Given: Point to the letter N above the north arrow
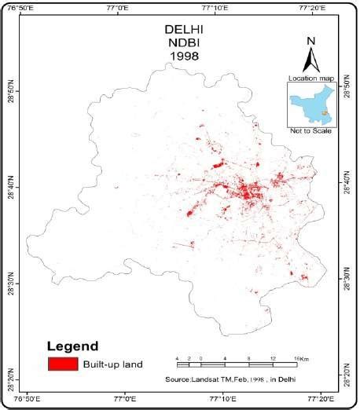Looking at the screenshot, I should pyautogui.click(x=311, y=41).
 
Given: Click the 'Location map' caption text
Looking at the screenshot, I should pyautogui.click(x=311, y=79).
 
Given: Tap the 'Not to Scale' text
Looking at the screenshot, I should pyautogui.click(x=311, y=130).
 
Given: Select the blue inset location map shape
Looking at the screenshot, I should pyautogui.click(x=309, y=106).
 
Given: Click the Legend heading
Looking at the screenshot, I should pyautogui.click(x=72, y=346).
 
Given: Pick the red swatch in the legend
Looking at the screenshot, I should pyautogui.click(x=63, y=364).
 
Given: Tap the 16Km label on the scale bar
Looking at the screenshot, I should pyautogui.click(x=301, y=358).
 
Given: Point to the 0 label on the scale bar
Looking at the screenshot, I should pyautogui.click(x=201, y=358).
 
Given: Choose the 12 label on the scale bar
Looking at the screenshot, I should pyautogui.click(x=273, y=358).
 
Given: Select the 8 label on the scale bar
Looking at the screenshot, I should pyautogui.click(x=249, y=358).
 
